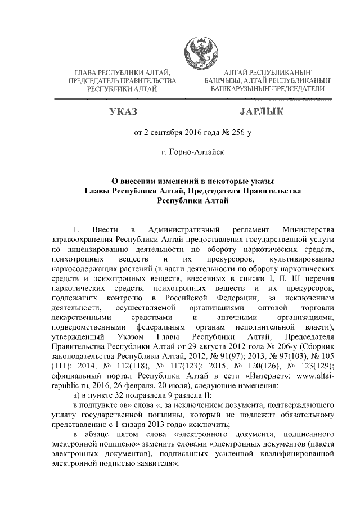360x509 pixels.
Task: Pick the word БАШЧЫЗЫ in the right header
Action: tap(223, 81)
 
